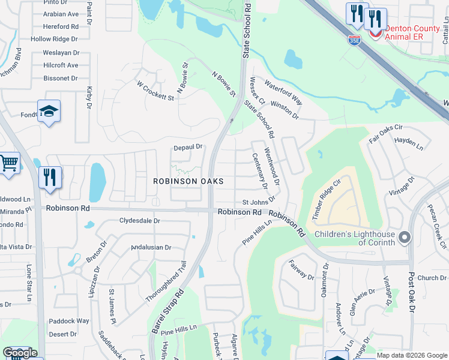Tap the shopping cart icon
pos(8,163)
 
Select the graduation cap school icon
pos(49,111)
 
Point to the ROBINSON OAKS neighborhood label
pos(188,181)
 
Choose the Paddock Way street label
pos(69,321)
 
